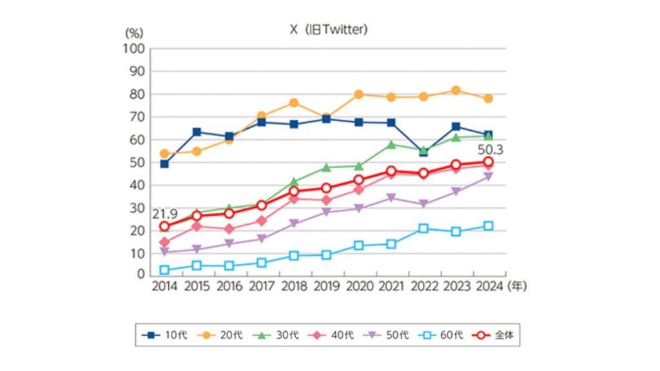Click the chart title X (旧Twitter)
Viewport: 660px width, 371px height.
click(329, 30)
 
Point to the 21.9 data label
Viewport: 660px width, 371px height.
click(164, 214)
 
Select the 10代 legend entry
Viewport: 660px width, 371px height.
click(167, 336)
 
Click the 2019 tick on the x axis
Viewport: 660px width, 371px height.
click(326, 287)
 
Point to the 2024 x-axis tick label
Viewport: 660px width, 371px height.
click(489, 287)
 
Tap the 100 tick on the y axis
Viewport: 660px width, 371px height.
click(135, 49)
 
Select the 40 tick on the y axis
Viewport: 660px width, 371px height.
click(138, 185)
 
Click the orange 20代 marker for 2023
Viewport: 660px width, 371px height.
click(456, 90)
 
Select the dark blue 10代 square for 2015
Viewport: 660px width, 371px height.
click(197, 132)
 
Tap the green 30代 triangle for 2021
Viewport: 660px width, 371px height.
click(391, 144)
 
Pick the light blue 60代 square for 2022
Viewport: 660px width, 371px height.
click(423, 229)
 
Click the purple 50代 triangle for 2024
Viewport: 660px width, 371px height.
click(489, 177)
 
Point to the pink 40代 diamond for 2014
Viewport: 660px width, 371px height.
click(164, 243)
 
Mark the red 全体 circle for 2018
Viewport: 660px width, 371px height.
click(294, 191)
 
